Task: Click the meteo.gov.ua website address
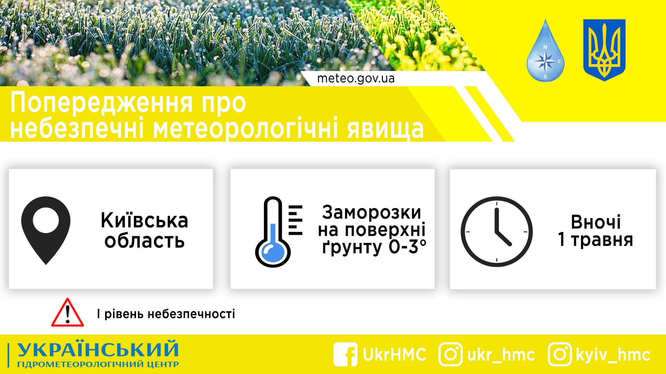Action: point(356,79)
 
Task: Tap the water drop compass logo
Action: point(545,52)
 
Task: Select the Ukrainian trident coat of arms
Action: point(604,50)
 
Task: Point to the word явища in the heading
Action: point(385,129)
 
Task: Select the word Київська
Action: point(144,221)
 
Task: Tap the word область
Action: point(144,241)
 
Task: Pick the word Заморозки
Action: point(371,212)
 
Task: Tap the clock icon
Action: point(496,231)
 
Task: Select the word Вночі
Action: point(596,222)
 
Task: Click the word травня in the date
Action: point(602,240)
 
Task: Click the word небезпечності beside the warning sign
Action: point(191,314)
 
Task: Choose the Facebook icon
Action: point(345,354)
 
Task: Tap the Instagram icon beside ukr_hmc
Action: point(450,354)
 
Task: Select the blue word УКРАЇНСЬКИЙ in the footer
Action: point(98,349)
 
